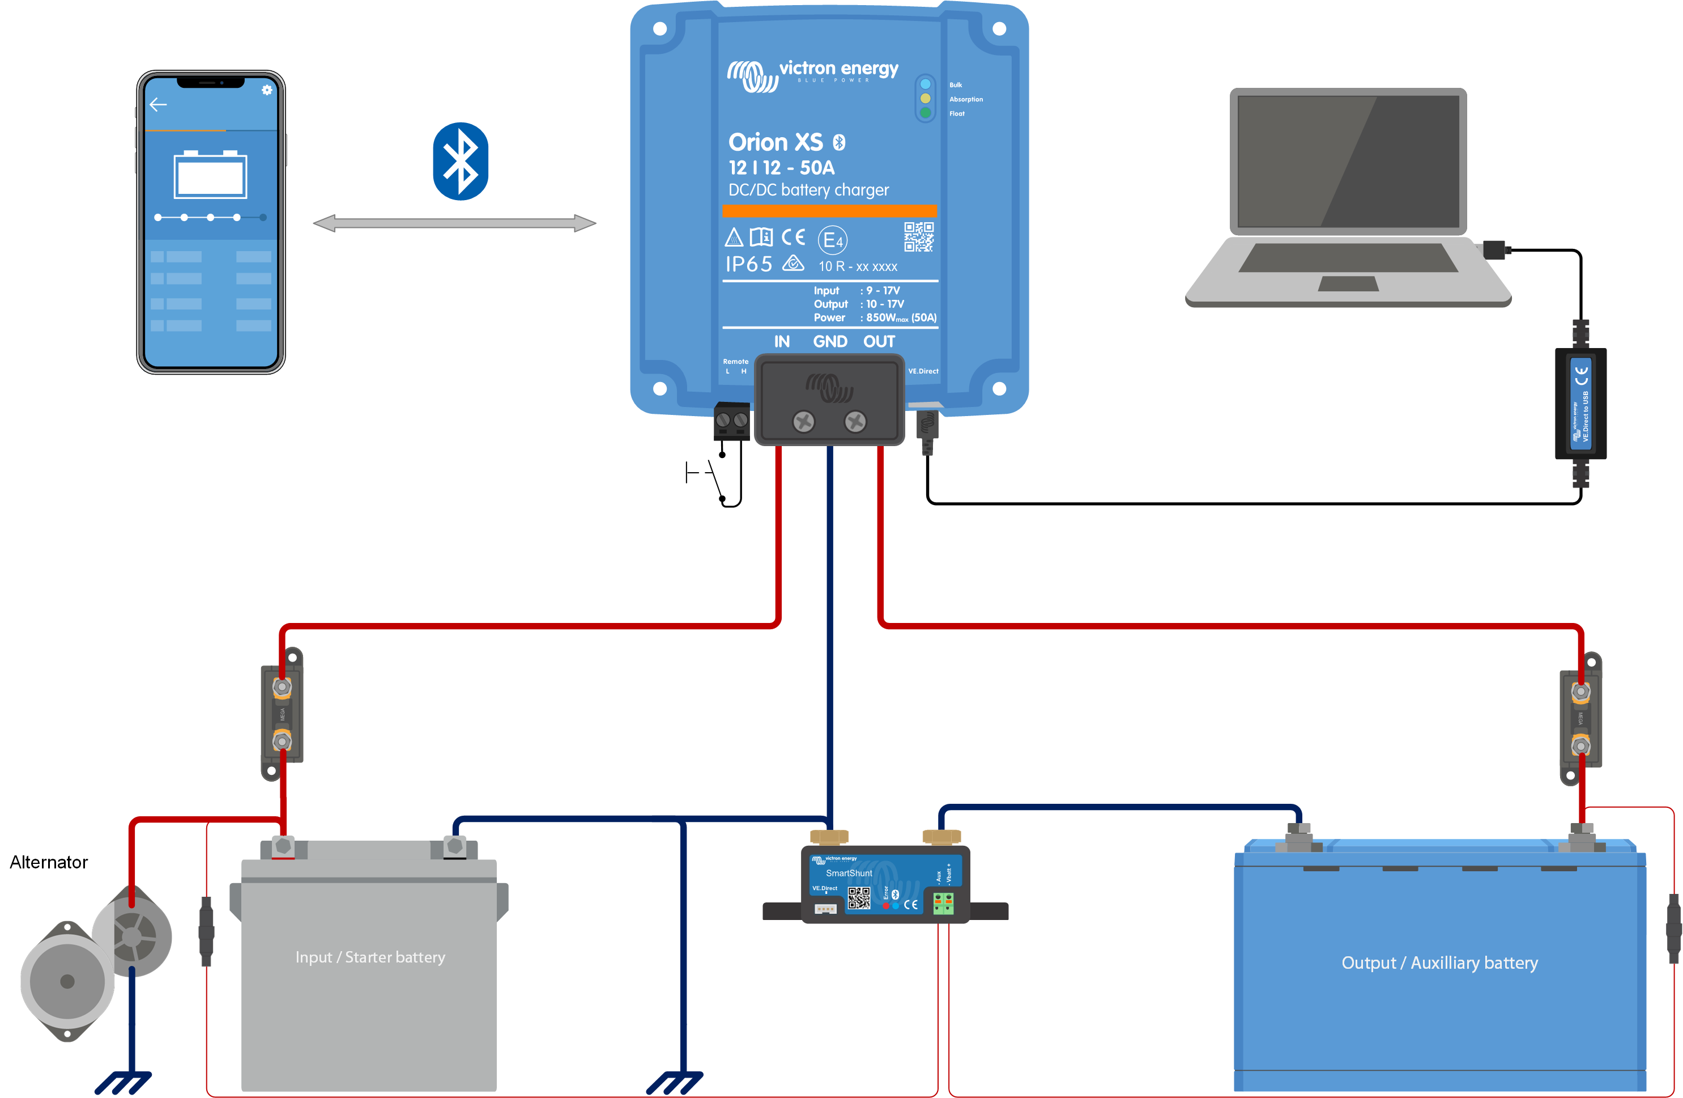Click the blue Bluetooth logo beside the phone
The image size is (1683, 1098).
(461, 162)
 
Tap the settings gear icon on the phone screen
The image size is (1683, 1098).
(267, 90)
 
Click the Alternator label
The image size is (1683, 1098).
(49, 862)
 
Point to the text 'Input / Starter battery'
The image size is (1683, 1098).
(370, 957)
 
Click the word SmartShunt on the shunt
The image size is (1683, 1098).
(849, 873)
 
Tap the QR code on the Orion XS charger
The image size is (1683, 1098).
(919, 237)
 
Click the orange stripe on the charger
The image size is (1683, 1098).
(829, 211)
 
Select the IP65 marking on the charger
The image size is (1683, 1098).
(749, 265)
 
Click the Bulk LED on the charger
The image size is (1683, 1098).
(925, 84)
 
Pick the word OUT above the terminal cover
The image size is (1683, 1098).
(879, 342)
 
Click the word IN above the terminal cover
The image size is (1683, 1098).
(781, 342)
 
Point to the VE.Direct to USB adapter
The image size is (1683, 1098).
(1580, 403)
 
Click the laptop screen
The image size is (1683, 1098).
(1348, 162)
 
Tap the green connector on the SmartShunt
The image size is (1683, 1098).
(943, 903)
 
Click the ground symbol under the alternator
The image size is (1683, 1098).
(123, 1083)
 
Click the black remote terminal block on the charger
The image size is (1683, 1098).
(731, 421)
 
